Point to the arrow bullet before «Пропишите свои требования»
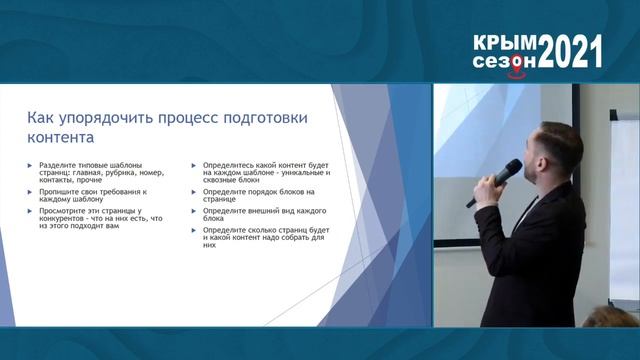(30, 190)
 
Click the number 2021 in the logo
(571, 50)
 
